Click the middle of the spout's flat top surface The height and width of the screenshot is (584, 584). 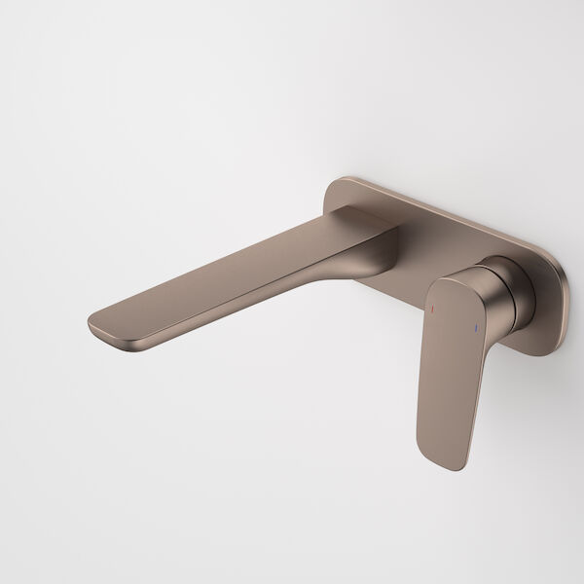tap(243, 263)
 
